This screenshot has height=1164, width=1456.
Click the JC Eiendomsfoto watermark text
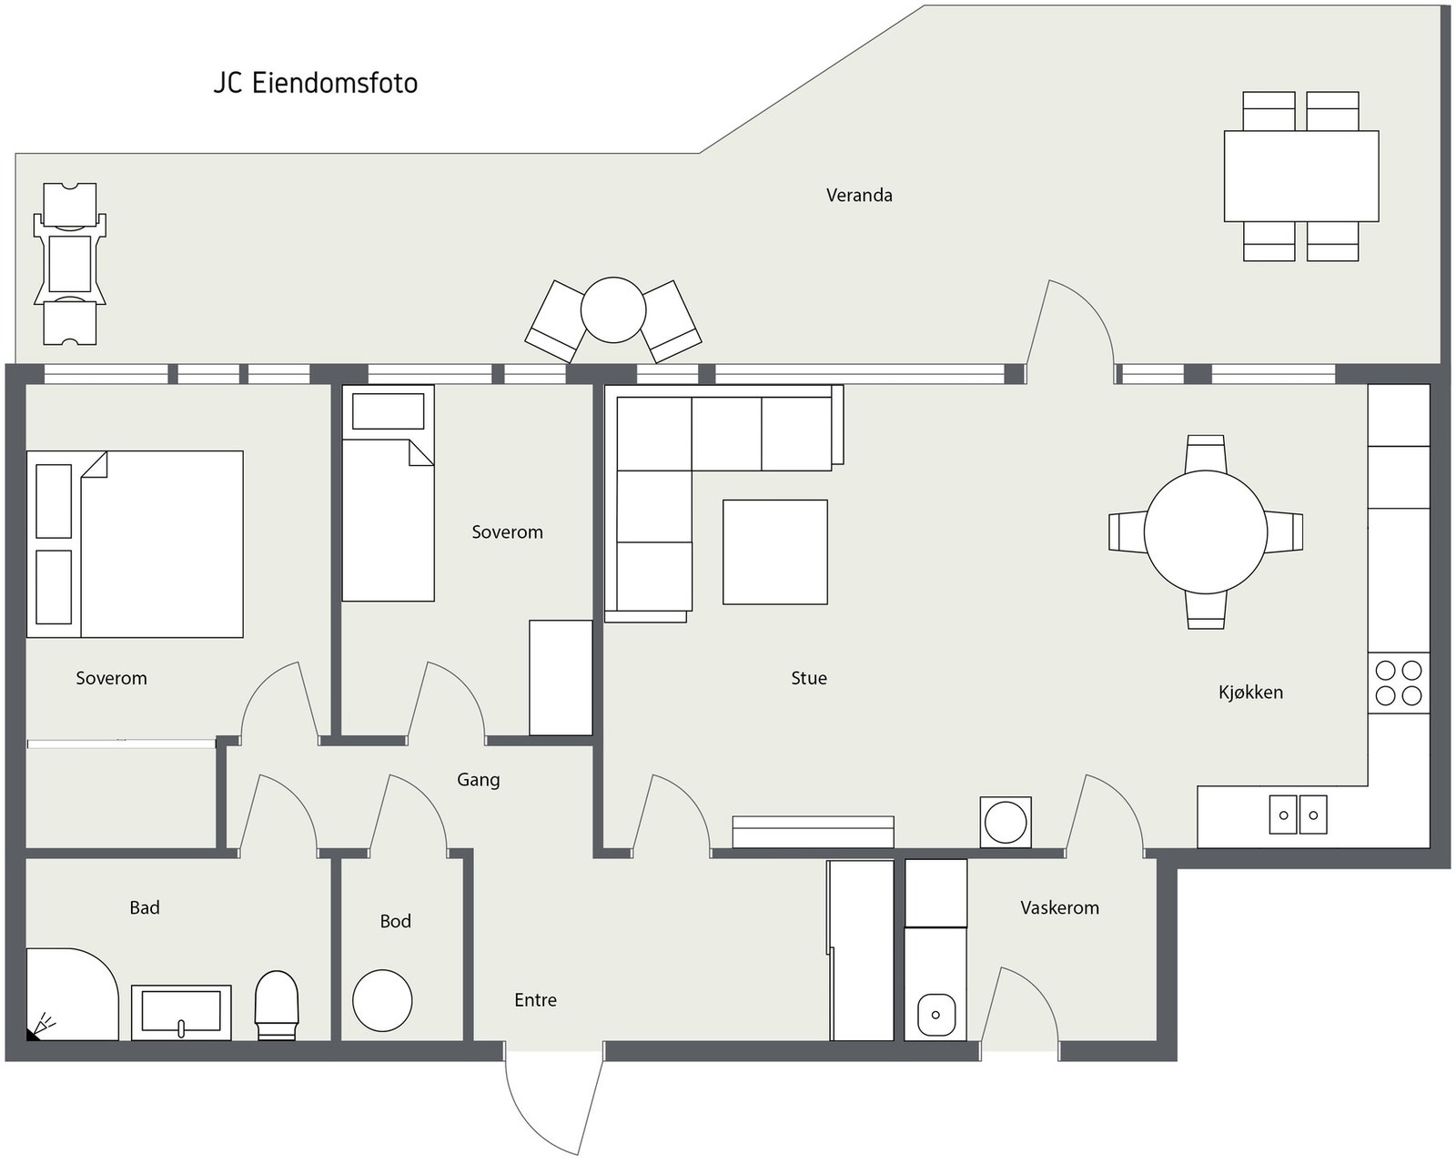coord(315,83)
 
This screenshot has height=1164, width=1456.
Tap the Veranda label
coord(858,195)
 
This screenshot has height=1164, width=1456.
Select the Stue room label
coord(808,677)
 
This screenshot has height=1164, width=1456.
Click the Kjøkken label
coord(1250,693)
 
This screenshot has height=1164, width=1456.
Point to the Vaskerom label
coord(1059,907)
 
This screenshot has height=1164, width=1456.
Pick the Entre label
coord(535,999)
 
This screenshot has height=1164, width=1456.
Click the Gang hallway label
coord(479,780)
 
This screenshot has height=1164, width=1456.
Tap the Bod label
coord(395,920)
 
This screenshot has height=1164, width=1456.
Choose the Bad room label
coord(144,906)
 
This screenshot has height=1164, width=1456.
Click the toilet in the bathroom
coord(276,1005)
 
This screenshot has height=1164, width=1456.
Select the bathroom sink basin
coord(181,1012)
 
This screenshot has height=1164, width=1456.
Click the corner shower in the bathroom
coord(72,994)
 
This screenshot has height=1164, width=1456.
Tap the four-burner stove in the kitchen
coord(1399,683)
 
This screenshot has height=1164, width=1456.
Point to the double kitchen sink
coord(1298,815)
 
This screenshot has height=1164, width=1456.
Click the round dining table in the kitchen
coord(1205,531)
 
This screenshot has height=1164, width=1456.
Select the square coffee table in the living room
coord(774,552)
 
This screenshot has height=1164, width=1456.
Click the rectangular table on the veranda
coord(1301,176)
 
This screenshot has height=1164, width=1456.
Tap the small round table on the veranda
coord(613,310)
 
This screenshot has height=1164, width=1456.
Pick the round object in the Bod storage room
coord(382,1000)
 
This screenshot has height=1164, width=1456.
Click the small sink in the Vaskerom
coord(935,1015)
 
